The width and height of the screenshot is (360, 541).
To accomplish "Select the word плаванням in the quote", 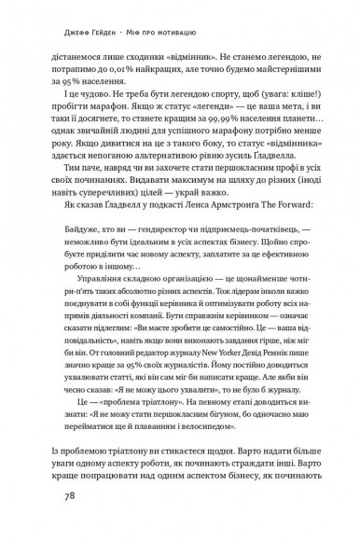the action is pyautogui.click(x=190, y=449).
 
